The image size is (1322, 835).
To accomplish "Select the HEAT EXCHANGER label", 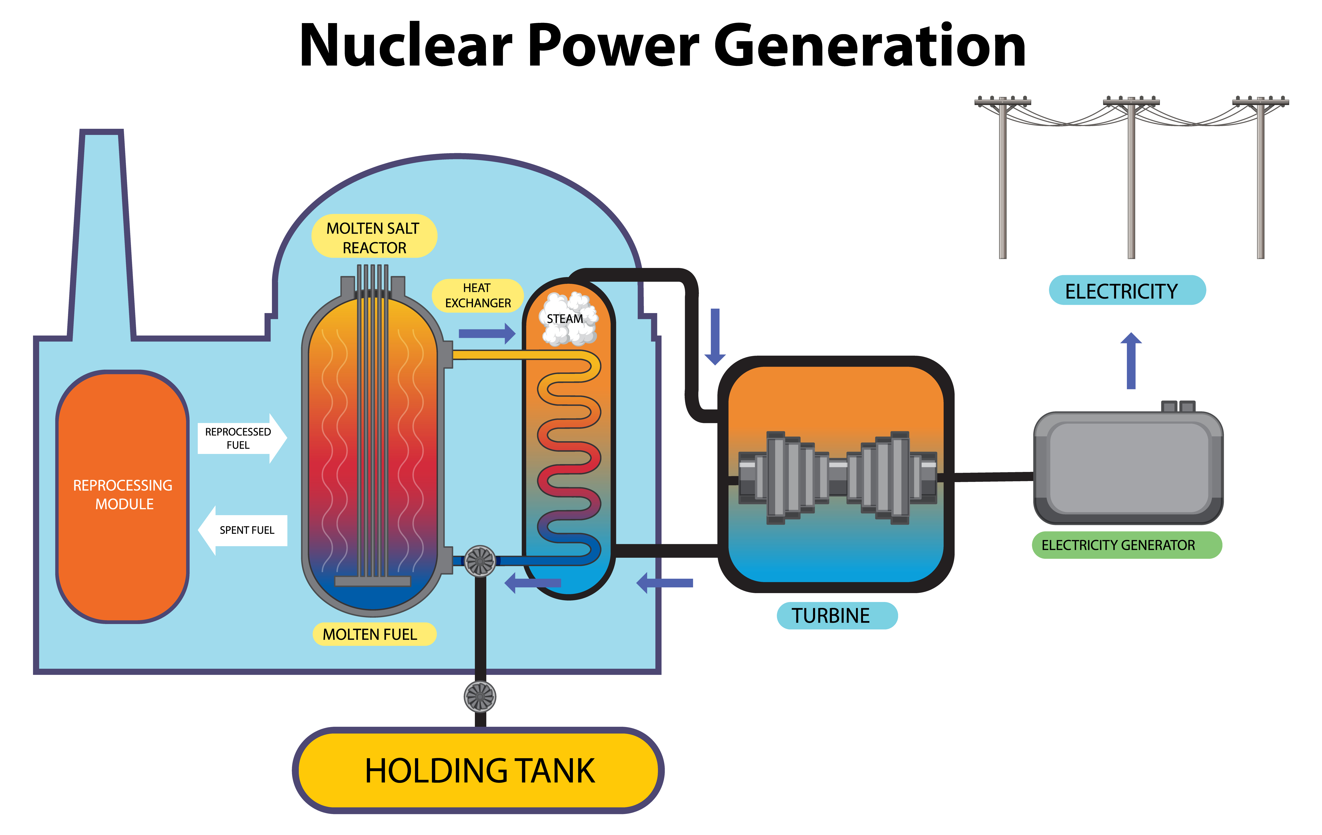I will (477, 295).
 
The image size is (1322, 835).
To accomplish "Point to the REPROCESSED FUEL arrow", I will (241, 438).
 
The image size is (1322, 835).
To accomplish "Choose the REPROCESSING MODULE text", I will (123, 494).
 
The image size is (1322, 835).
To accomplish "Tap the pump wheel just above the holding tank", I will (480, 696).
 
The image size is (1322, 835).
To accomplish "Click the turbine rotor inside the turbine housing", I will (837, 477).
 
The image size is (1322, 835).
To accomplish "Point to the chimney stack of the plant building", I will (102, 231).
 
